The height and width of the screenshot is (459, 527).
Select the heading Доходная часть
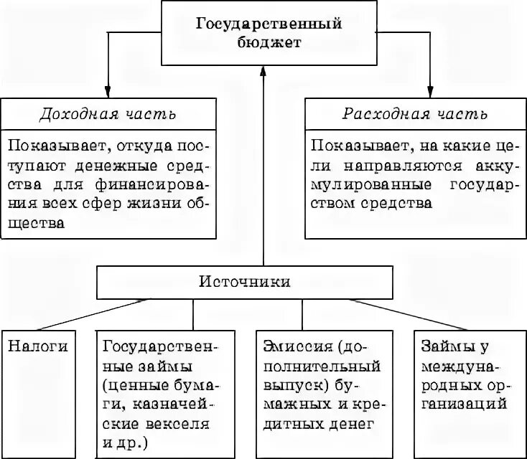tap(108, 114)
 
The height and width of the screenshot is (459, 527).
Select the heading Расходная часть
tap(416, 114)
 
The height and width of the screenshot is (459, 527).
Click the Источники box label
tap(244, 282)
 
